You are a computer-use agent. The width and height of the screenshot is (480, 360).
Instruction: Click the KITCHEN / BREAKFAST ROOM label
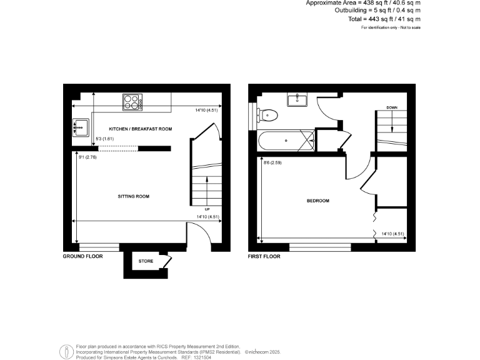(140, 129)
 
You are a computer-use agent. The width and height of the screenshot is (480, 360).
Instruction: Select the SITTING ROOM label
(134, 196)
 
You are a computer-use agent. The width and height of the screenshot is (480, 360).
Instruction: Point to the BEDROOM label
(317, 201)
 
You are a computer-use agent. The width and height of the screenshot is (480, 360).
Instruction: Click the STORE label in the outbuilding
(146, 261)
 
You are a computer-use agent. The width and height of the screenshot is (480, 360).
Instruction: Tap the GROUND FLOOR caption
(83, 256)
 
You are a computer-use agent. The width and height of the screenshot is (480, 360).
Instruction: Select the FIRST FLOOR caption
(264, 256)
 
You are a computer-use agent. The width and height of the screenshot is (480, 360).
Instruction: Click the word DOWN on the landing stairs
(392, 107)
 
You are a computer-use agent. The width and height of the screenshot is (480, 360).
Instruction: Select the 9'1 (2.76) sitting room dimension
(87, 157)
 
